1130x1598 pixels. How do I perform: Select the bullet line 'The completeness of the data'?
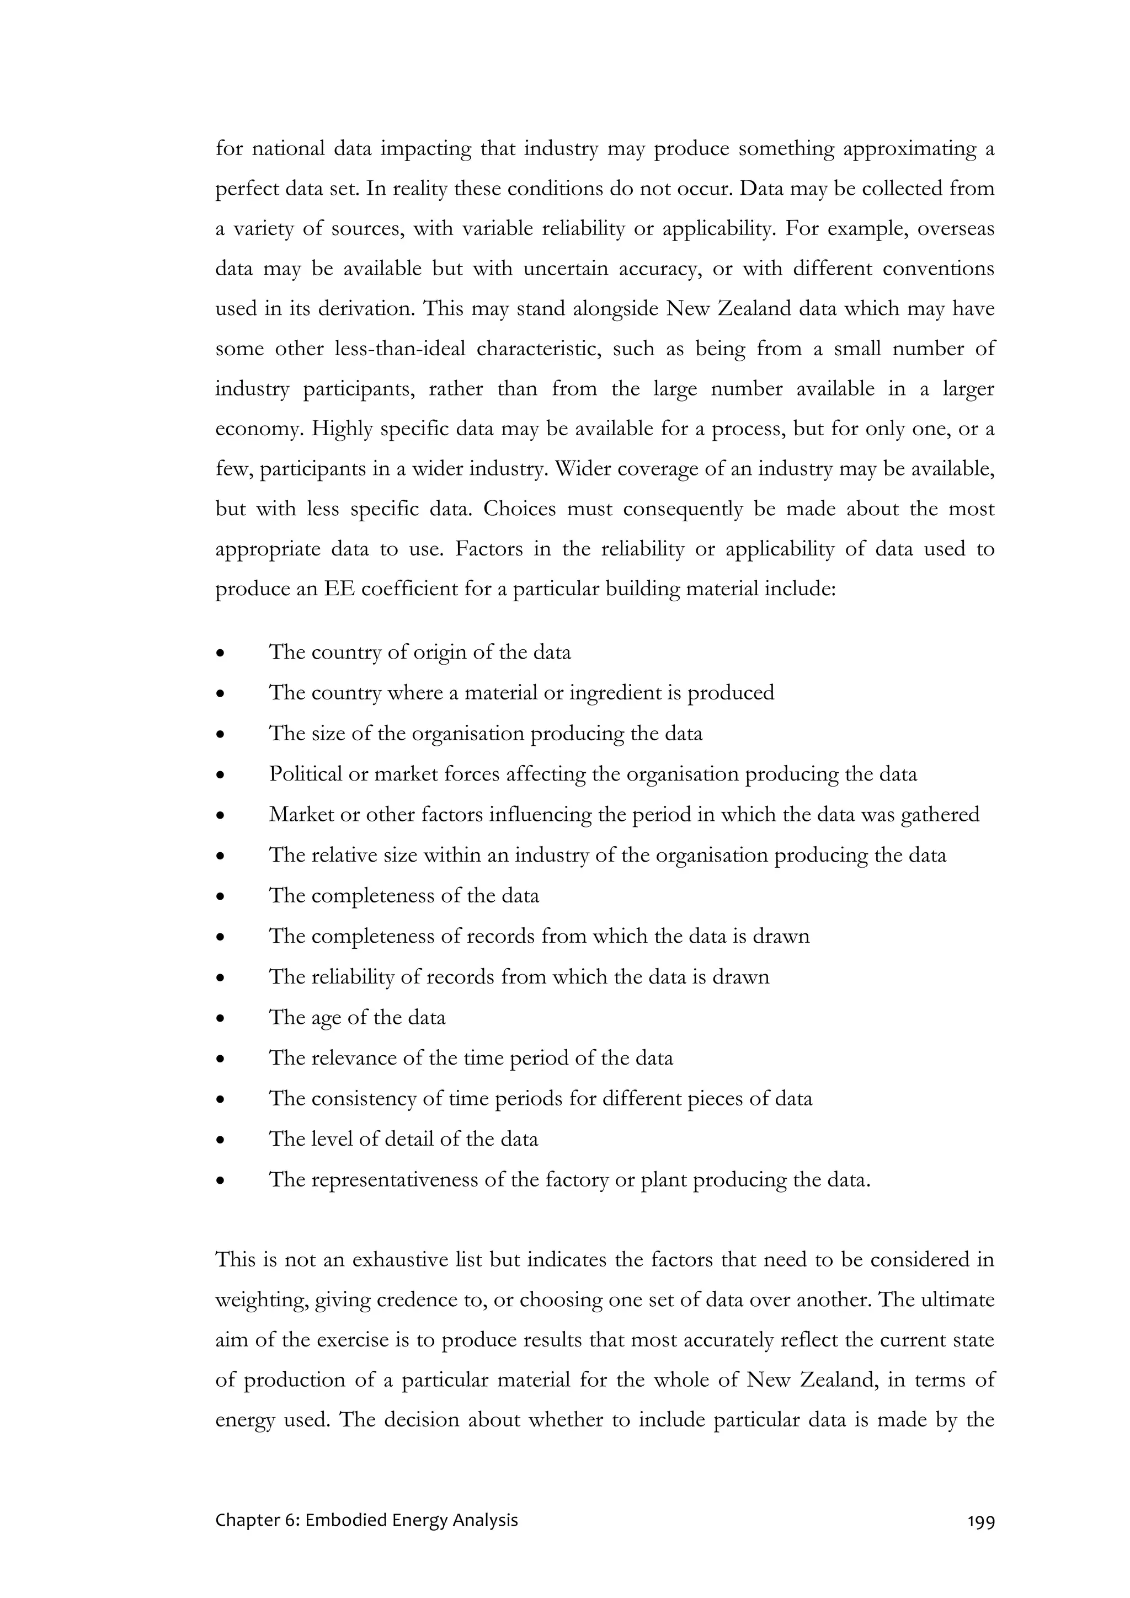(404, 896)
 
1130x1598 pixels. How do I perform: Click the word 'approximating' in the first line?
(909, 149)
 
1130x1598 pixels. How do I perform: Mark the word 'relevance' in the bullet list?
(353, 1059)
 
